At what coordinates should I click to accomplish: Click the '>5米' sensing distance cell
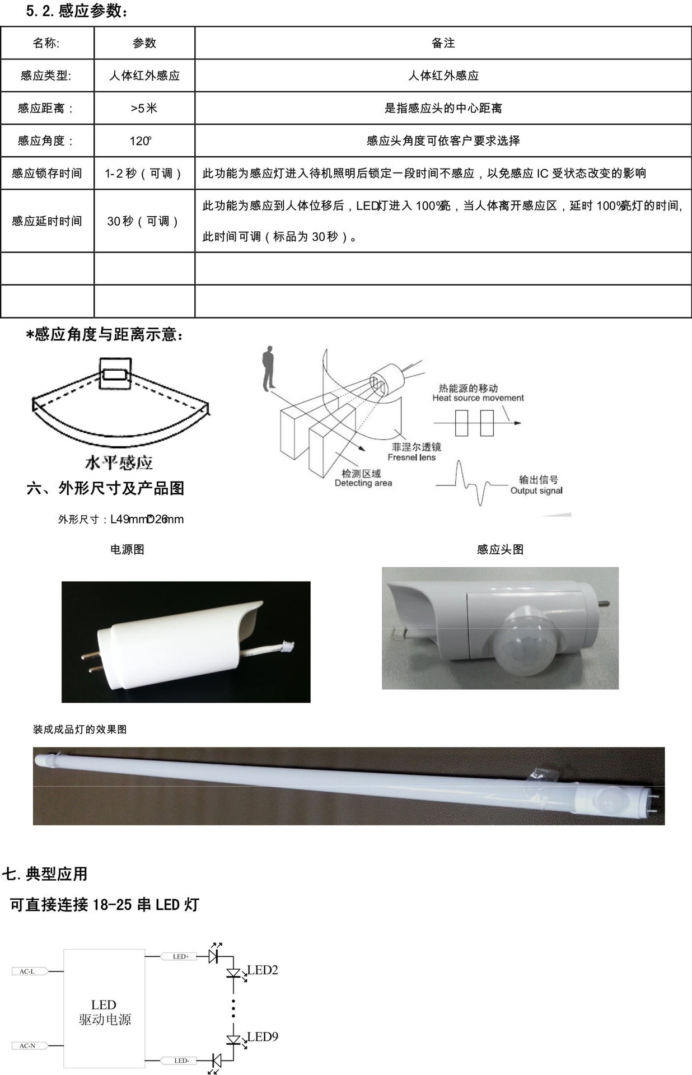144,108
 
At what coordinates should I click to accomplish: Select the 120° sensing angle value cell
144,141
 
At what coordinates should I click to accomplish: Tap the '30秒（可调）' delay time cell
144,221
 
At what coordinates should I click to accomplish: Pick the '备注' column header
443,43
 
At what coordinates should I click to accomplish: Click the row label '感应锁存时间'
47,174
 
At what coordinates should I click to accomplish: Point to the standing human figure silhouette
269,368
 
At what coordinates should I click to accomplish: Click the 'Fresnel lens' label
412,457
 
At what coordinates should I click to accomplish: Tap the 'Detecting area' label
363,483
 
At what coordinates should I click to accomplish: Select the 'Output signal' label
536,490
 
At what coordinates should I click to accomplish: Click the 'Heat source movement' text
478,398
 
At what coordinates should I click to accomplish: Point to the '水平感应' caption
119,462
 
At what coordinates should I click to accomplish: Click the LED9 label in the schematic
263,1036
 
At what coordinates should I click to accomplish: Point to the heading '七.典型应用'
45,873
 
